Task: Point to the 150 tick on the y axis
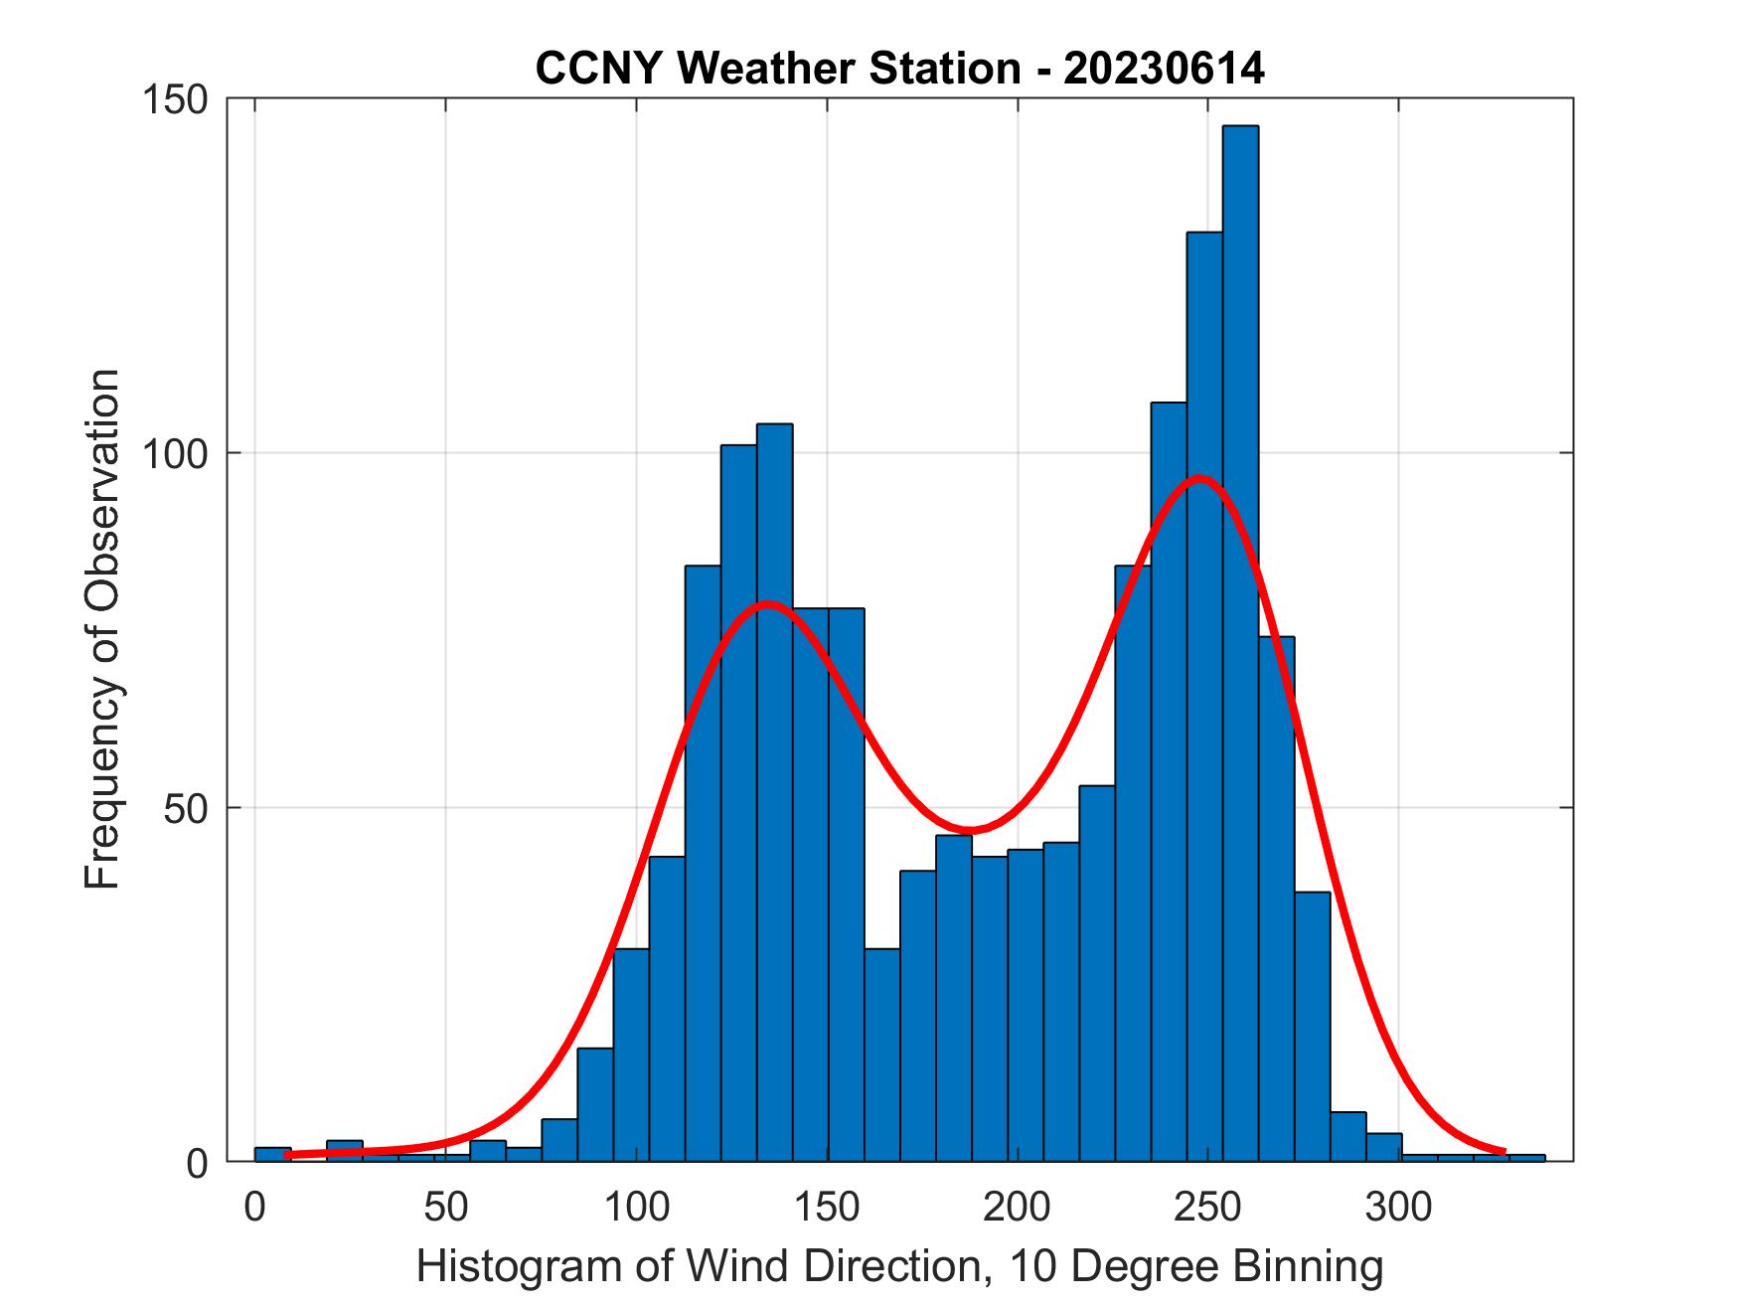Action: pos(179,99)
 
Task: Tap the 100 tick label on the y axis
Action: pos(179,454)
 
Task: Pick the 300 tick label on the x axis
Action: pos(1399,1208)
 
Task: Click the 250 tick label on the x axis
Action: pos(1208,1208)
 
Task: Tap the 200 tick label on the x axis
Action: pos(1018,1208)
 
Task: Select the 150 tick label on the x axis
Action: pos(827,1208)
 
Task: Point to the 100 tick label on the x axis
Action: pos(636,1208)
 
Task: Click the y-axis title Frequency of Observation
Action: pos(102,628)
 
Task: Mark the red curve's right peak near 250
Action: pos(1201,478)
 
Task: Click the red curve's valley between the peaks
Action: pos(971,830)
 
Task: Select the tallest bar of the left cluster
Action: pos(774,795)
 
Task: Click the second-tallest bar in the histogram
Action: pos(1204,696)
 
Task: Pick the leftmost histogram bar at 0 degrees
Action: pos(272,1154)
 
